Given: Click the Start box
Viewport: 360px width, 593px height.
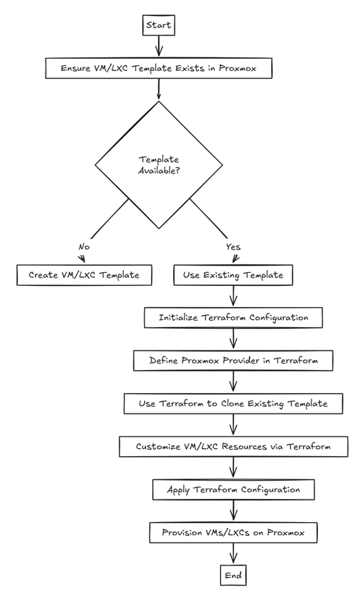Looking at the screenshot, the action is point(159,25).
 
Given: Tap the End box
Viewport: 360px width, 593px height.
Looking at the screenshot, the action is point(233,575).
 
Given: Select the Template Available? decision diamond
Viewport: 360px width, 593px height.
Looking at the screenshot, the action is point(159,165).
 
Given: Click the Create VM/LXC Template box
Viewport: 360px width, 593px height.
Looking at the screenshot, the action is point(84,275).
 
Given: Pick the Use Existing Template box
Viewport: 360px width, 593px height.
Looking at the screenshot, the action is point(233,275).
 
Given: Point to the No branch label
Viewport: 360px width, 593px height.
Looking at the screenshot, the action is point(84,247).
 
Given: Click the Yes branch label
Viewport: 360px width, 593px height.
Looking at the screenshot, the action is point(233,247).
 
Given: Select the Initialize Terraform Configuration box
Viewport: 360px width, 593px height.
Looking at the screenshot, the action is point(233,318).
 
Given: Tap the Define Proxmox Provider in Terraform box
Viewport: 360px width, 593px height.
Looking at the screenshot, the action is point(233,361).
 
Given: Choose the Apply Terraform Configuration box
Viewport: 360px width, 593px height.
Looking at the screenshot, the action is point(233,489).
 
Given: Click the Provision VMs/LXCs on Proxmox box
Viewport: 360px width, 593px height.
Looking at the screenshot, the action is point(233,532).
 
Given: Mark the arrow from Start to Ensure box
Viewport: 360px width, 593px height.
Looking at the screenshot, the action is point(159,46).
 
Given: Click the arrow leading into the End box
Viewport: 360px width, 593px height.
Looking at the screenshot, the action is point(233,554).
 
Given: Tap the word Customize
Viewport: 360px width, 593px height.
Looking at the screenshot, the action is point(154,447).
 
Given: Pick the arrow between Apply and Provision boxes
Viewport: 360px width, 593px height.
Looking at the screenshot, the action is point(233,511).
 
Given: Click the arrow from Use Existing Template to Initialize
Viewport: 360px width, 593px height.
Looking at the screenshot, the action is point(233,296).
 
